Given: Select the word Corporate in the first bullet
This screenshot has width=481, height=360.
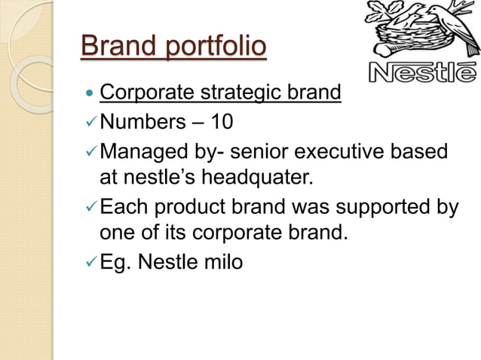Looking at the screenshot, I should (142, 94).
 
